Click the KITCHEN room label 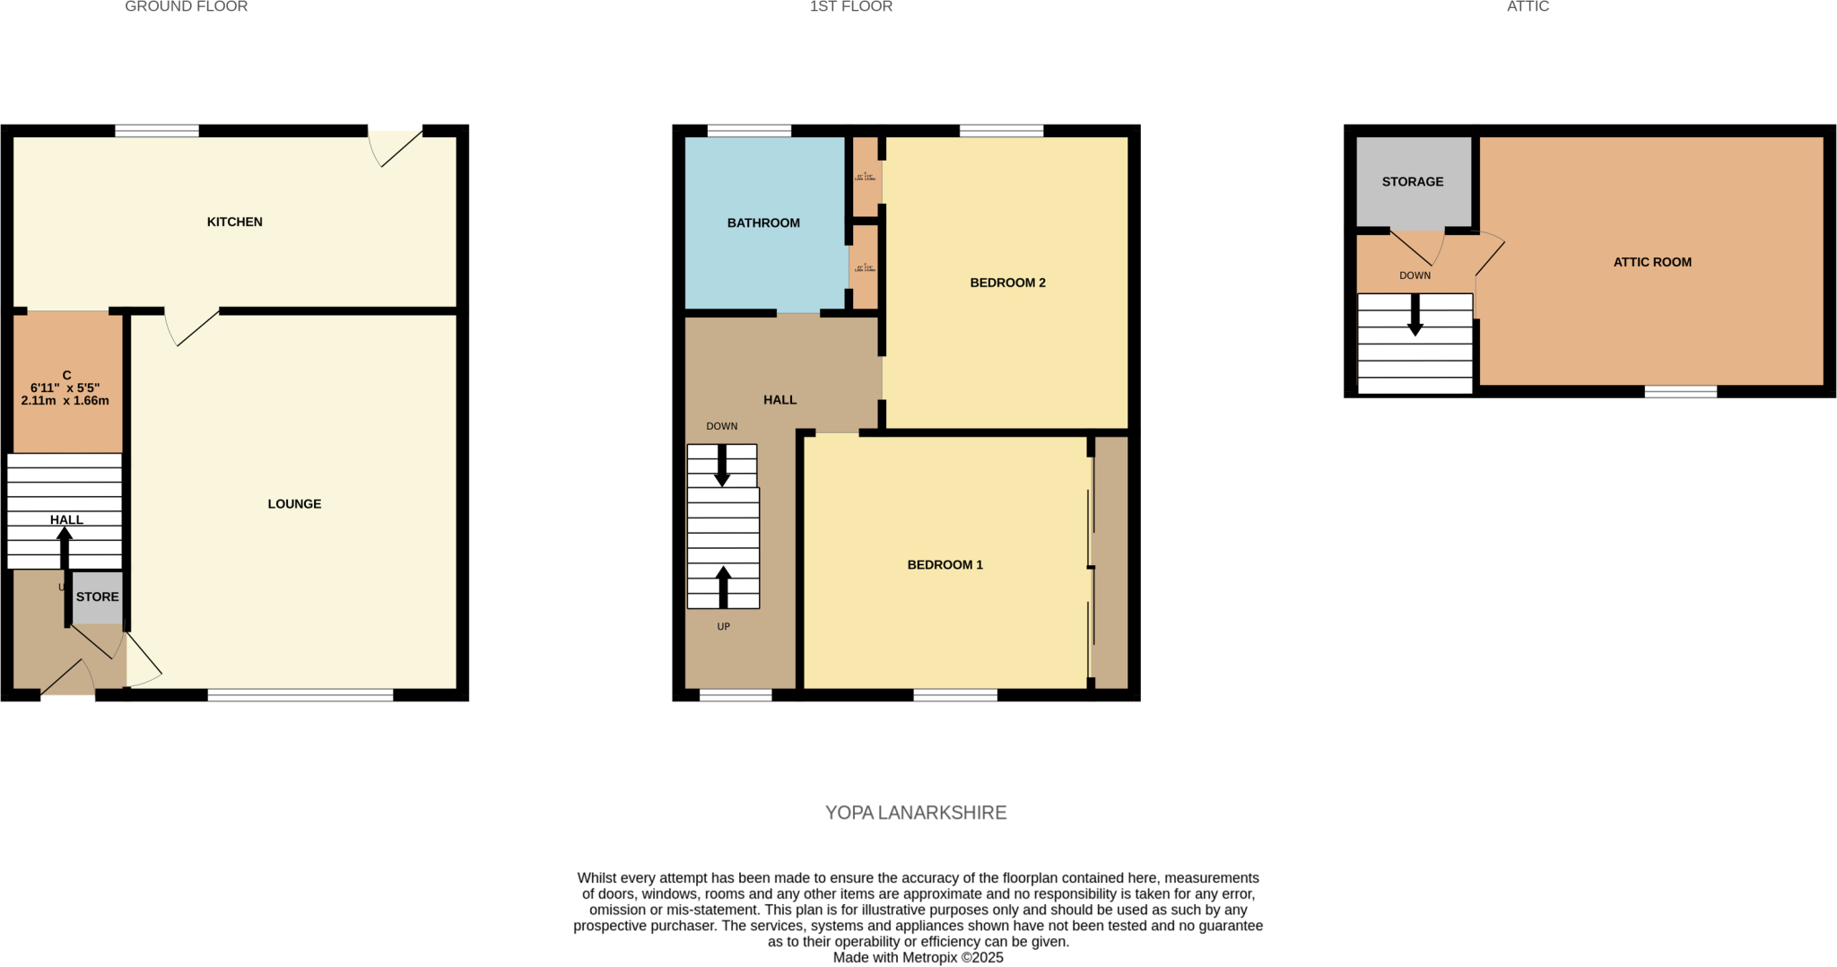point(234,222)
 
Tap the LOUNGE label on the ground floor point(294,504)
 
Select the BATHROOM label point(763,222)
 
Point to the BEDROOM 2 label point(1007,283)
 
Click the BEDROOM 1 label point(945,564)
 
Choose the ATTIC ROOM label point(1652,262)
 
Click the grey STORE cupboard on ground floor point(97,597)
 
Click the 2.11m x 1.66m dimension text point(65,401)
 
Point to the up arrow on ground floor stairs point(65,545)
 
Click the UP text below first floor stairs point(724,626)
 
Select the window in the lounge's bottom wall point(300,694)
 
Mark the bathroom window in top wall point(749,131)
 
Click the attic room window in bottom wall point(1680,391)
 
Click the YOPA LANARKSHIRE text point(916,813)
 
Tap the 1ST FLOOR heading point(850,7)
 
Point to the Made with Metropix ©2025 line point(918,957)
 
